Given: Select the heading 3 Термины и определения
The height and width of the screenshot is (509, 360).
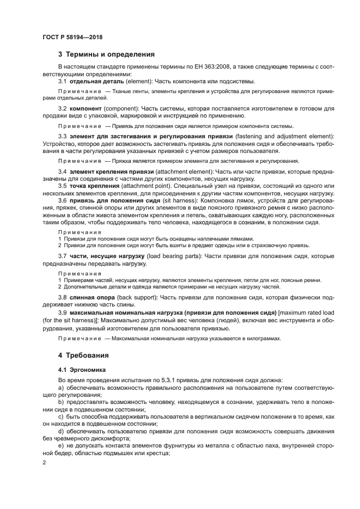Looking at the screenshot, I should [106, 54].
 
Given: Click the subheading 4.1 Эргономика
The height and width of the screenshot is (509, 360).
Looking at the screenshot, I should [81, 370].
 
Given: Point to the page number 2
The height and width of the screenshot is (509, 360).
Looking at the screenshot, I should [45, 462].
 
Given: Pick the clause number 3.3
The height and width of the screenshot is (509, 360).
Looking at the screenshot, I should [63, 136].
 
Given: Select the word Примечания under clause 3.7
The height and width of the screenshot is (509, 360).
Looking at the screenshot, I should [80, 273].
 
